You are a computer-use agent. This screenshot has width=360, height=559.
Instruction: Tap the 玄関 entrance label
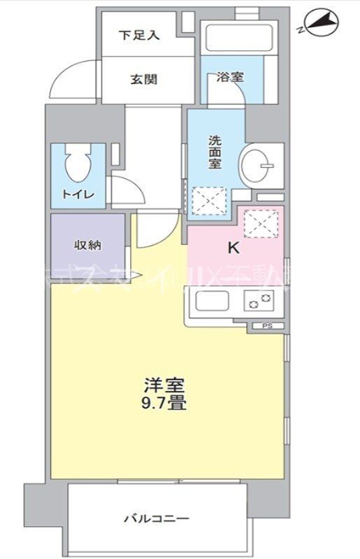click(x=143, y=79)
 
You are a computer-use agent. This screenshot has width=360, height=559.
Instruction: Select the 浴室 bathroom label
click(x=229, y=77)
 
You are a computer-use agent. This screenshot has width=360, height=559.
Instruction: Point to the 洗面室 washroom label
click(x=215, y=151)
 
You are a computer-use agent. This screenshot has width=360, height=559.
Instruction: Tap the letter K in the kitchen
click(x=233, y=247)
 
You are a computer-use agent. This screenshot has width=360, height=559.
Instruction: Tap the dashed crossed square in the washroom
click(x=206, y=200)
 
